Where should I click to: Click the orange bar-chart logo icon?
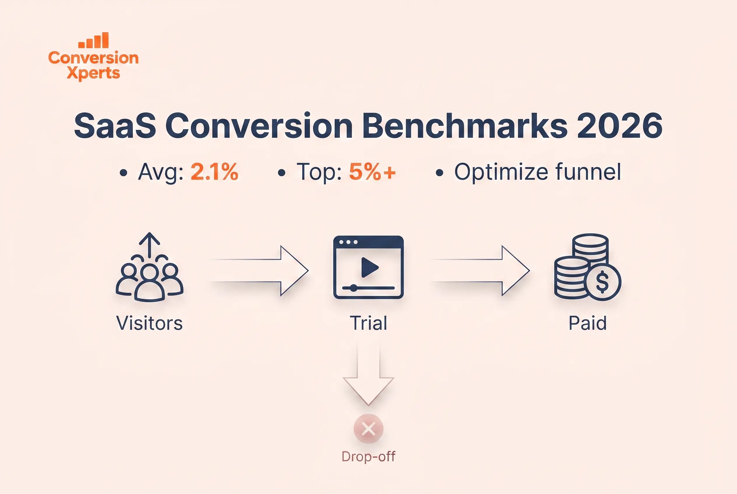click(93, 40)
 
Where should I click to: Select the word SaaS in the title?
click(115, 126)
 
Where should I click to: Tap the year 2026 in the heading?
click(620, 126)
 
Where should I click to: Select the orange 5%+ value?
click(372, 172)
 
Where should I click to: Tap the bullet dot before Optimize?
click(439, 173)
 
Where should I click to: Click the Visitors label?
click(150, 323)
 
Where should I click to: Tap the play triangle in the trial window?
click(369, 267)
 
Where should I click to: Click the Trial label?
click(368, 323)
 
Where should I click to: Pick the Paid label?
click(587, 323)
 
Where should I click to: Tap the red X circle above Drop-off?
click(368, 429)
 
